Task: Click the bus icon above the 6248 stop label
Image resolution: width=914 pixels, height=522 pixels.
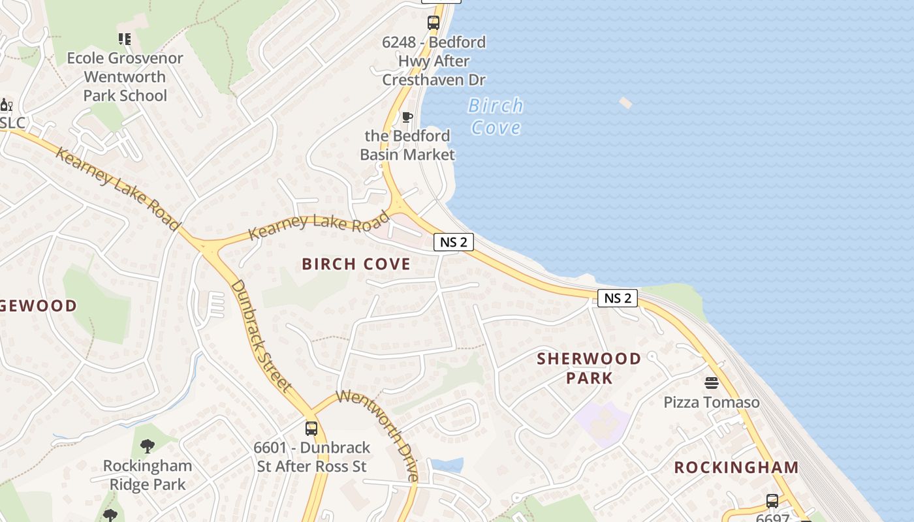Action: [x=433, y=23]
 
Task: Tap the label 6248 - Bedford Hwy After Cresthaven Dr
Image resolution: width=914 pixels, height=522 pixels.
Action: [x=434, y=61]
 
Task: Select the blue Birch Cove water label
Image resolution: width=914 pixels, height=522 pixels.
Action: [x=496, y=116]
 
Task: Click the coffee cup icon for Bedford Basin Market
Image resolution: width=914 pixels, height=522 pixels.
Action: [x=407, y=117]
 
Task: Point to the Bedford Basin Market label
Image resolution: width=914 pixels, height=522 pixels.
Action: [x=407, y=145]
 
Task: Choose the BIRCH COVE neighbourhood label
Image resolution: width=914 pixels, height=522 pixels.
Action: [x=356, y=264]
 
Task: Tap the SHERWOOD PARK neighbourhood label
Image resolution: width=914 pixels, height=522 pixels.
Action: [x=589, y=368]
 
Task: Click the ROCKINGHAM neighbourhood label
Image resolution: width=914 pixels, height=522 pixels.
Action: [x=736, y=467]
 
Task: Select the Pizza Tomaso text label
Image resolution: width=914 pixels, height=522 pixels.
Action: [x=712, y=402]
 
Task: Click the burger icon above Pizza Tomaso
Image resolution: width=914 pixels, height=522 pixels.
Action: [x=712, y=382]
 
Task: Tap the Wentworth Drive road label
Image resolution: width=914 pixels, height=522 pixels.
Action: [x=379, y=433]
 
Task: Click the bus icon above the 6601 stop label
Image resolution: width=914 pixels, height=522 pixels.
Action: [x=311, y=429]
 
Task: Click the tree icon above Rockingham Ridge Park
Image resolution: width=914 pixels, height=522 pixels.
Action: [x=148, y=446]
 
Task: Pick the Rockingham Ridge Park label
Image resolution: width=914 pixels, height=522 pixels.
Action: [x=148, y=475]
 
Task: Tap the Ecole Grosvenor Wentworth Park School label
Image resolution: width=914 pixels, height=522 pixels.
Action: [x=125, y=76]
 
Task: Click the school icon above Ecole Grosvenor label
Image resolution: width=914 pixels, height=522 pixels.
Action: [x=124, y=39]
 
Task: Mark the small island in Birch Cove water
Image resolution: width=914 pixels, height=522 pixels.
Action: [x=625, y=102]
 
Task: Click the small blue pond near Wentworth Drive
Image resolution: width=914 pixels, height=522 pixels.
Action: [x=447, y=465]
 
